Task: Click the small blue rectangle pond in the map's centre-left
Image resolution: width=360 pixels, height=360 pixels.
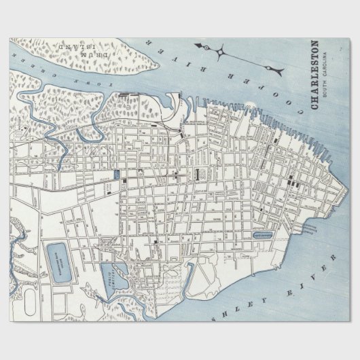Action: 115,175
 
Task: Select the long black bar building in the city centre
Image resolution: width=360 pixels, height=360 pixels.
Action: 197,174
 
